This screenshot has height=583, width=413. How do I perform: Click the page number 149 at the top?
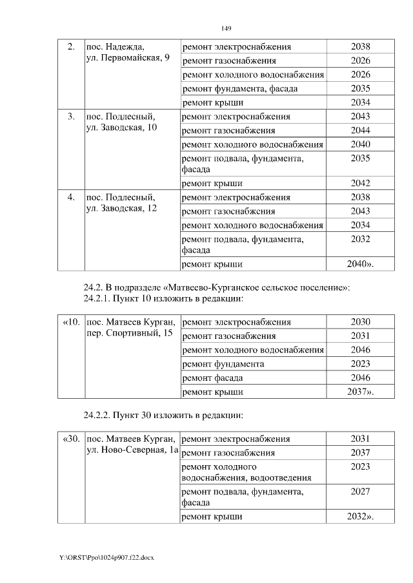pos(227,29)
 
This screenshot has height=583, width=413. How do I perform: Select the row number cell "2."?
pos(71,47)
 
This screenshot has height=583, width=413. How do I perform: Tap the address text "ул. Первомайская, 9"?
pos(128,58)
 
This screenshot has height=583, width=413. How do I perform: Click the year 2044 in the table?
pos(360,130)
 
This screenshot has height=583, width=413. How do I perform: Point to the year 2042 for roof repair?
pos(360,183)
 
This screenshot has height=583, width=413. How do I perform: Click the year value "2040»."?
pos(361,263)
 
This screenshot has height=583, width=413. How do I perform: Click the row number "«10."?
pos(71,322)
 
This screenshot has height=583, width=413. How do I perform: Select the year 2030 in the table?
pos(360,322)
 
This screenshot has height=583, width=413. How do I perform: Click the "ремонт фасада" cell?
pos(212,378)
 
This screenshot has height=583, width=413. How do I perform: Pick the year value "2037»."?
pos(361,392)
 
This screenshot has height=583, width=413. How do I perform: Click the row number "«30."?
pos(71,439)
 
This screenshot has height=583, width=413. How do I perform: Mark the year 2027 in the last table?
pos(360,492)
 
